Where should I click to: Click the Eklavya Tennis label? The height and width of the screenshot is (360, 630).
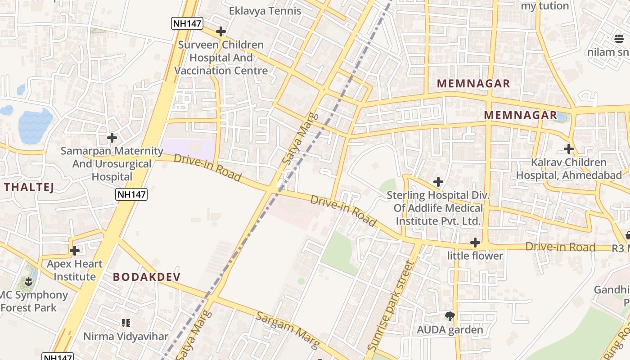(x=265, y=11)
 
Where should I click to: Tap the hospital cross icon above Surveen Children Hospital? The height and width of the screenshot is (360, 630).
(x=220, y=31)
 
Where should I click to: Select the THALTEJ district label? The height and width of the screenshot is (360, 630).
(x=29, y=187)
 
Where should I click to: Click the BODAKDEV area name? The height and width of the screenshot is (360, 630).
(x=147, y=277)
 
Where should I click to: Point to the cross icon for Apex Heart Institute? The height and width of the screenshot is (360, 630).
(x=75, y=251)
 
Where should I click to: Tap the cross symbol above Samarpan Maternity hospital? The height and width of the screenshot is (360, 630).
(x=112, y=138)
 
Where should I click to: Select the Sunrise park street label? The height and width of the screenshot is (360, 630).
(x=390, y=306)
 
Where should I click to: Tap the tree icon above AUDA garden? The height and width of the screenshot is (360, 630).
(x=449, y=316)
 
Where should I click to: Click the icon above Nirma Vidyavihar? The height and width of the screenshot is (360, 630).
(x=126, y=323)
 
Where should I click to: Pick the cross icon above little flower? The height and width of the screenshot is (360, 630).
(x=475, y=243)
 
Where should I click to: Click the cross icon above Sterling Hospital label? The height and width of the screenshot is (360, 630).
(x=438, y=182)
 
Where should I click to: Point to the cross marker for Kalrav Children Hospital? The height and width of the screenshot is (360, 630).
(x=569, y=149)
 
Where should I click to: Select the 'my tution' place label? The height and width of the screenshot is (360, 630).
(x=545, y=6)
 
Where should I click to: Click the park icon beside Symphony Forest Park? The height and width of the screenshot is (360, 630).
(x=29, y=282)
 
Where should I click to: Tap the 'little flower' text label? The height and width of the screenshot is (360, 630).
(x=475, y=256)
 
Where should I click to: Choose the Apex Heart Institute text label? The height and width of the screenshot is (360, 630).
(x=75, y=270)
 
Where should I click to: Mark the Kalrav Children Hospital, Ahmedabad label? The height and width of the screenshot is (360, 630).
(x=569, y=168)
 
